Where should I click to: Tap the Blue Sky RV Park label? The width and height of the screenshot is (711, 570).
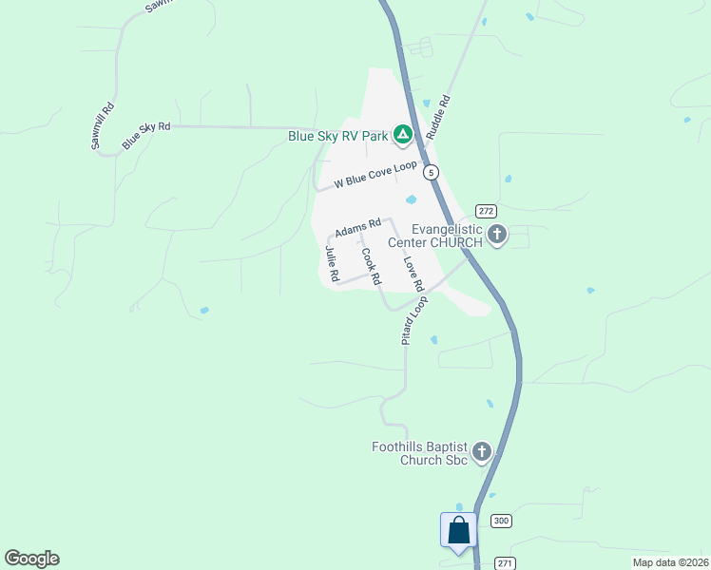tap(338, 137)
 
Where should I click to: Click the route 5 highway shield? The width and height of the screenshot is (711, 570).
tap(432, 172)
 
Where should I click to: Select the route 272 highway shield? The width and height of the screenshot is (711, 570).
tap(486, 211)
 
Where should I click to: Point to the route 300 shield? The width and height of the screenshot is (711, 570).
tap(501, 521)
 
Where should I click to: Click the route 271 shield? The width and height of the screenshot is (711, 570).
tap(506, 563)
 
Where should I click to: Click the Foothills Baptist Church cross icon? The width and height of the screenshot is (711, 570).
tap(482, 452)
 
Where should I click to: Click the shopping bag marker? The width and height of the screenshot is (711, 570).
tap(458, 531)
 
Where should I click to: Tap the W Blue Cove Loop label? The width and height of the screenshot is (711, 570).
tap(376, 175)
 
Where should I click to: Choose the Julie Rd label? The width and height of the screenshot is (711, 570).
tap(333, 263)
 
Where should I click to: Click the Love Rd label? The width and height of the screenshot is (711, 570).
tap(412, 274)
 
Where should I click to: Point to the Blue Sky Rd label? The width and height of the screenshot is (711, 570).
tap(145, 135)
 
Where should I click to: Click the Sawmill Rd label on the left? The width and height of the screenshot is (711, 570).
tap(103, 125)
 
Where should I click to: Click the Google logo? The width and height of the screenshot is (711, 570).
tap(31, 559)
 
